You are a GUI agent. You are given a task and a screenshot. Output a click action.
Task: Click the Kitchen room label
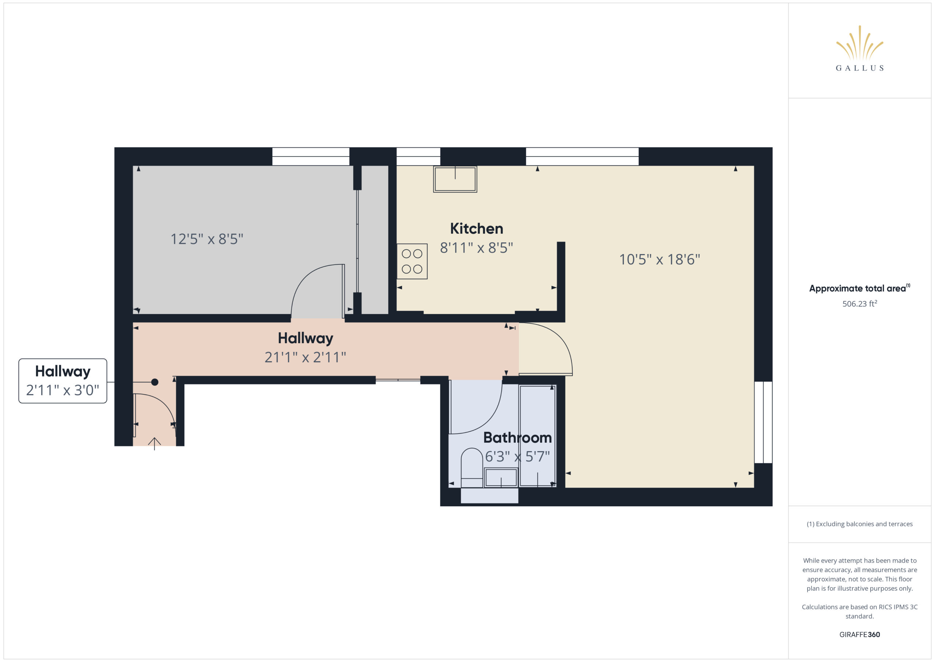click(x=477, y=229)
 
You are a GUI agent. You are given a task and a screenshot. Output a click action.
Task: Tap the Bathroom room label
click(x=517, y=438)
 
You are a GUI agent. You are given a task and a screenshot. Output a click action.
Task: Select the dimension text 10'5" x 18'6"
click(x=659, y=259)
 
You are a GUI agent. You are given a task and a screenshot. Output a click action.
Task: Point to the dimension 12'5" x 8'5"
click(x=207, y=239)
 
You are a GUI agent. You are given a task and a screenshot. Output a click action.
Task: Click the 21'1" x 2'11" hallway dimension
click(x=305, y=357)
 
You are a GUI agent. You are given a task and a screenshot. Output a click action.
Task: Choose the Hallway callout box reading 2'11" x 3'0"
click(x=63, y=381)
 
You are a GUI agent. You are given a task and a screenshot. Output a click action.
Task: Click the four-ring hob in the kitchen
click(x=412, y=261)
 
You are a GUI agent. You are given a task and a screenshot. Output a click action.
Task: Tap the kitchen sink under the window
click(x=455, y=179)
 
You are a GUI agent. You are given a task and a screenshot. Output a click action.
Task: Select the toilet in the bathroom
click(x=472, y=468)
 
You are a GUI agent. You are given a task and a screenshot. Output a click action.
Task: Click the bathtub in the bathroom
click(x=538, y=436)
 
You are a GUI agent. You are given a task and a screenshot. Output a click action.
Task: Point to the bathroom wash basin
click(x=501, y=477)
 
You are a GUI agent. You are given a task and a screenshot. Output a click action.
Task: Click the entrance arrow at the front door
click(x=154, y=443)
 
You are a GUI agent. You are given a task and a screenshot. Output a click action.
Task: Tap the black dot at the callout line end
click(x=155, y=382)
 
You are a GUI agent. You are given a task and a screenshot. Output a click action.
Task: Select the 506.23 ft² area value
click(x=859, y=304)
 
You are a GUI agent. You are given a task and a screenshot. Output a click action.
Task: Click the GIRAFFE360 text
click(x=859, y=634)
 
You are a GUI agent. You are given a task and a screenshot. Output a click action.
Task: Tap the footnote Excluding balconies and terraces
click(x=859, y=524)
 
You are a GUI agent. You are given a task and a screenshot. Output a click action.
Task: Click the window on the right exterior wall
click(x=763, y=422)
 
